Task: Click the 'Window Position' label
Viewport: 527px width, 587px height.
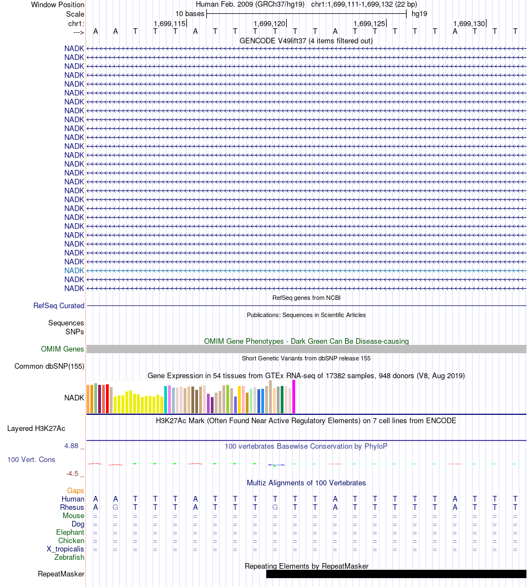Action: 58,5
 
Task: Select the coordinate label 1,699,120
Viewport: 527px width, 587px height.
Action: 269,23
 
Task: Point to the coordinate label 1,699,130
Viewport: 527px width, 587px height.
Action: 469,23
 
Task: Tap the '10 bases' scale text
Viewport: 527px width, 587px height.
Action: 190,14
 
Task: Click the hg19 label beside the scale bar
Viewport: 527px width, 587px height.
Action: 419,14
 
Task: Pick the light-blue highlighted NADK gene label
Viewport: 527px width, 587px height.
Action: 74,270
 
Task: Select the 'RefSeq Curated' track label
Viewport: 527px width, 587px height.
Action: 59,305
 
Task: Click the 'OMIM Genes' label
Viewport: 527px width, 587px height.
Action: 63,349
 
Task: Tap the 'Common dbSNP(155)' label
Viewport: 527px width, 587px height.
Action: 49,366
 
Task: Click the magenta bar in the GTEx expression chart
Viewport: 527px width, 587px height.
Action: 294,397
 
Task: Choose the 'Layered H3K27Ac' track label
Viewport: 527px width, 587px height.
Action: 36,428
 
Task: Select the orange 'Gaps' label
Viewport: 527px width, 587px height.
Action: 75,490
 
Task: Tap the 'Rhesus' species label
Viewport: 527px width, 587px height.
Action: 72,507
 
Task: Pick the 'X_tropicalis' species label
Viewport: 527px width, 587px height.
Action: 65,549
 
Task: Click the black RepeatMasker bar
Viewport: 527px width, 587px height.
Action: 396,574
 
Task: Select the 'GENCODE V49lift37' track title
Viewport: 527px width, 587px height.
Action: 306,41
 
